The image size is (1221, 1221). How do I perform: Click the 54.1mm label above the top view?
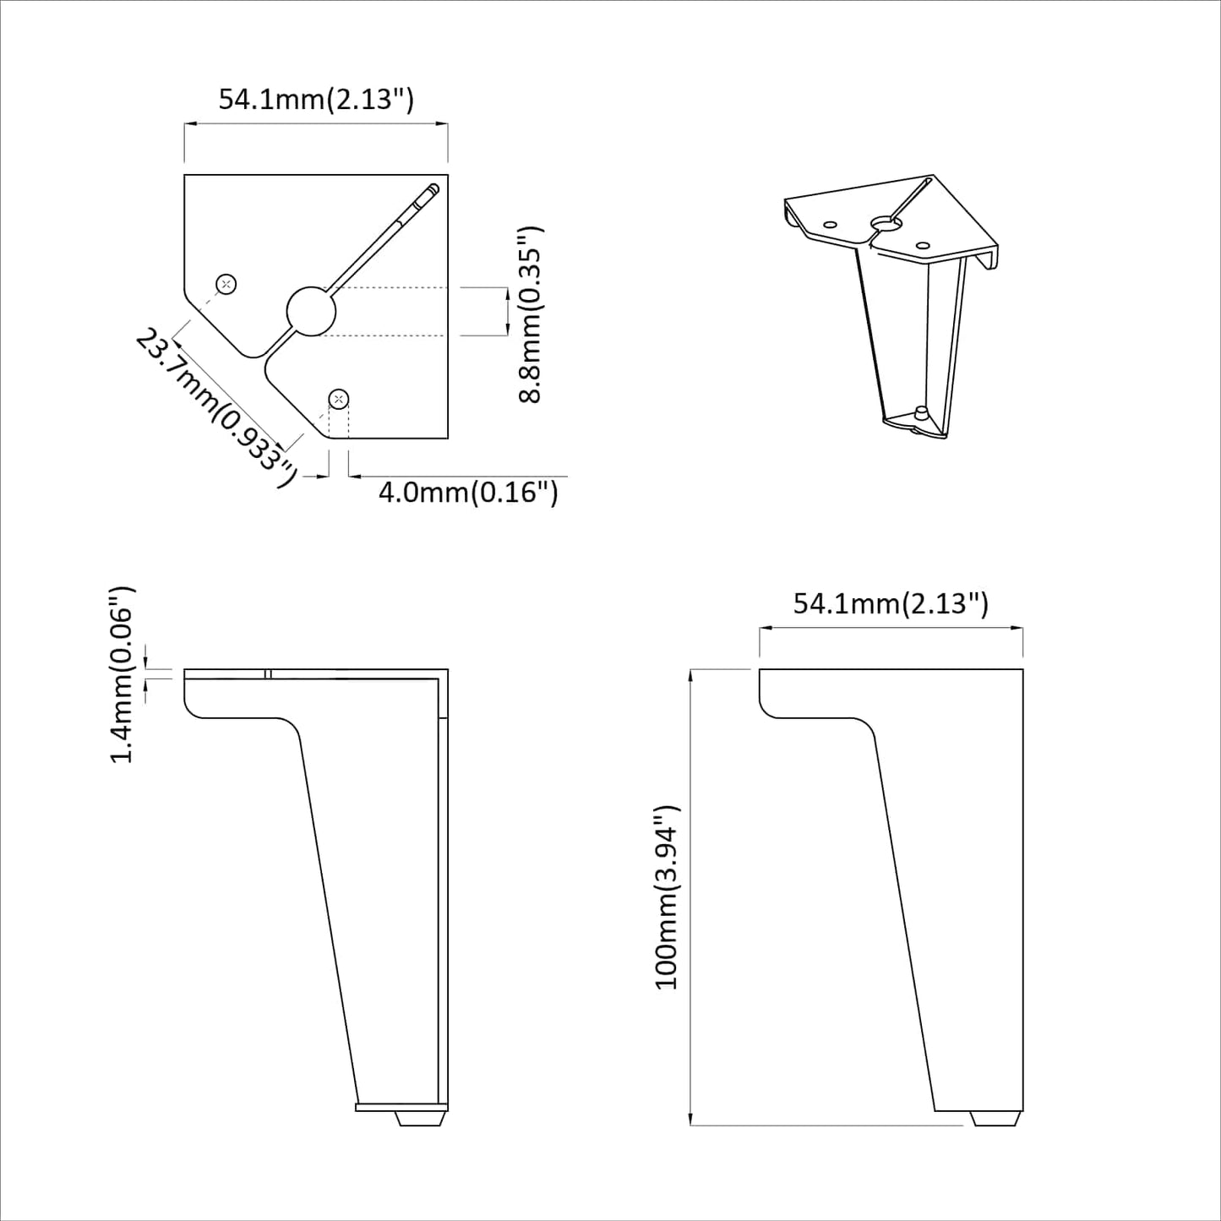(x=316, y=99)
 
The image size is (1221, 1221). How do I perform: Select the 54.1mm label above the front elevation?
(x=891, y=603)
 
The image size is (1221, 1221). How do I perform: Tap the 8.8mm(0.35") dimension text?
(x=530, y=314)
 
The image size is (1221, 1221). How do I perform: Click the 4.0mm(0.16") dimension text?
(x=467, y=492)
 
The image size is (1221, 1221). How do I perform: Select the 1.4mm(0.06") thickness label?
(x=123, y=673)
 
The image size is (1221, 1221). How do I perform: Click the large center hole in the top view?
(x=311, y=311)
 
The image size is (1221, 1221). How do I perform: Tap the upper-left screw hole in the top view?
(x=226, y=284)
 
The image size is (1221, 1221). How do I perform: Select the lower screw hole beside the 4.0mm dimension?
(x=338, y=398)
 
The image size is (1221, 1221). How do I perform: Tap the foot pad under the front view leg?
(x=995, y=1118)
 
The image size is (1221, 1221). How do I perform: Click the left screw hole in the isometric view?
(x=830, y=225)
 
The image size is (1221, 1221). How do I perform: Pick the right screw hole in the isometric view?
(x=923, y=245)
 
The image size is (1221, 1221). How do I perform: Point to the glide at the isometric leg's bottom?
(x=920, y=415)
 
